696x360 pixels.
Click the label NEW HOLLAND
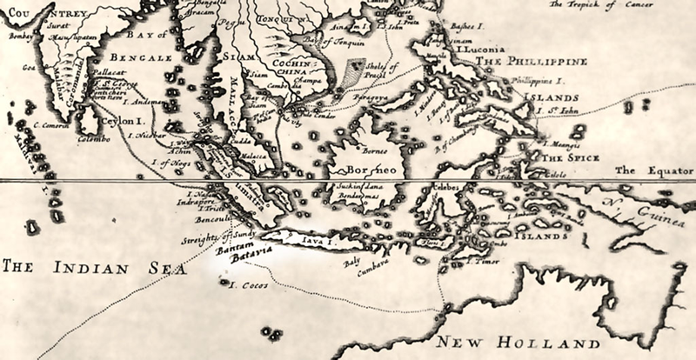click(519, 340)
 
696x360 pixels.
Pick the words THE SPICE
click(566, 160)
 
